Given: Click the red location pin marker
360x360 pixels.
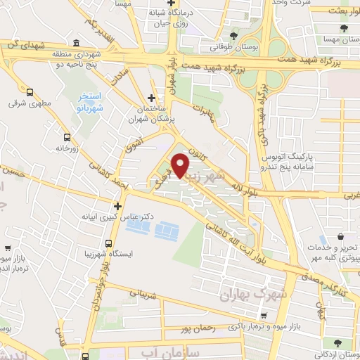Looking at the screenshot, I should [x=181, y=166].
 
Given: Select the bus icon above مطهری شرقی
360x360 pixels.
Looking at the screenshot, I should [x=30, y=91].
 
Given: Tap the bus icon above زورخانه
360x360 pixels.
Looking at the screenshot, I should [x=67, y=137].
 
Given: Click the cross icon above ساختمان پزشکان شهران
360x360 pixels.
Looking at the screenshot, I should [x=151, y=98].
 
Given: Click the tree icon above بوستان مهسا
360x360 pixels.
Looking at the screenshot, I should [x=343, y=28].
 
